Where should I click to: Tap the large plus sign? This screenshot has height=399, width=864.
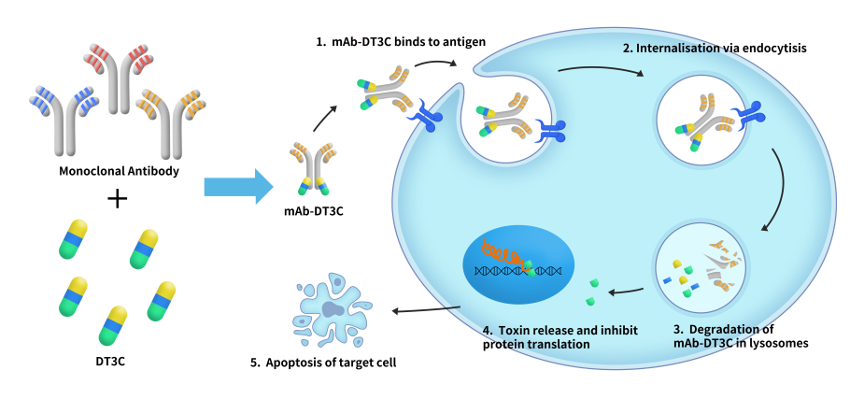pos(118,198)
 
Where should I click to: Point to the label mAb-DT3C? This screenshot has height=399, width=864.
pos(313,209)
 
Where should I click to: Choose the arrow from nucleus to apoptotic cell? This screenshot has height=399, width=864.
pos(426,309)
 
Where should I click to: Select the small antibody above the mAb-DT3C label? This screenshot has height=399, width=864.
pos(312,168)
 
